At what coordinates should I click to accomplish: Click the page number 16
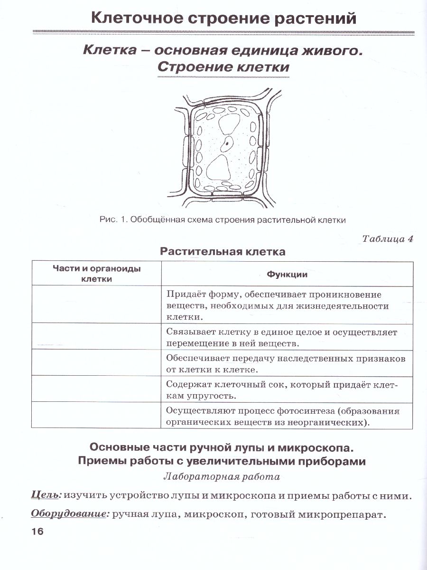[x=37, y=532]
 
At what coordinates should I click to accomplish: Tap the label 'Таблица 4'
[x=387, y=238]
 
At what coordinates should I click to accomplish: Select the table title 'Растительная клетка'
[x=223, y=252]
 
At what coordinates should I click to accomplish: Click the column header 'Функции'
[x=287, y=274]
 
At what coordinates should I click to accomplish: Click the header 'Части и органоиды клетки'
[x=96, y=274]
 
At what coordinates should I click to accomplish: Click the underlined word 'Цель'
[x=46, y=495]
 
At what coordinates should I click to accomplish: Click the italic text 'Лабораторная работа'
[x=221, y=476]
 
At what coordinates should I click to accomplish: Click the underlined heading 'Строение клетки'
[x=223, y=67]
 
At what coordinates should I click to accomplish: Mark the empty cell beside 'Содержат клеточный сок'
[x=96, y=389]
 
